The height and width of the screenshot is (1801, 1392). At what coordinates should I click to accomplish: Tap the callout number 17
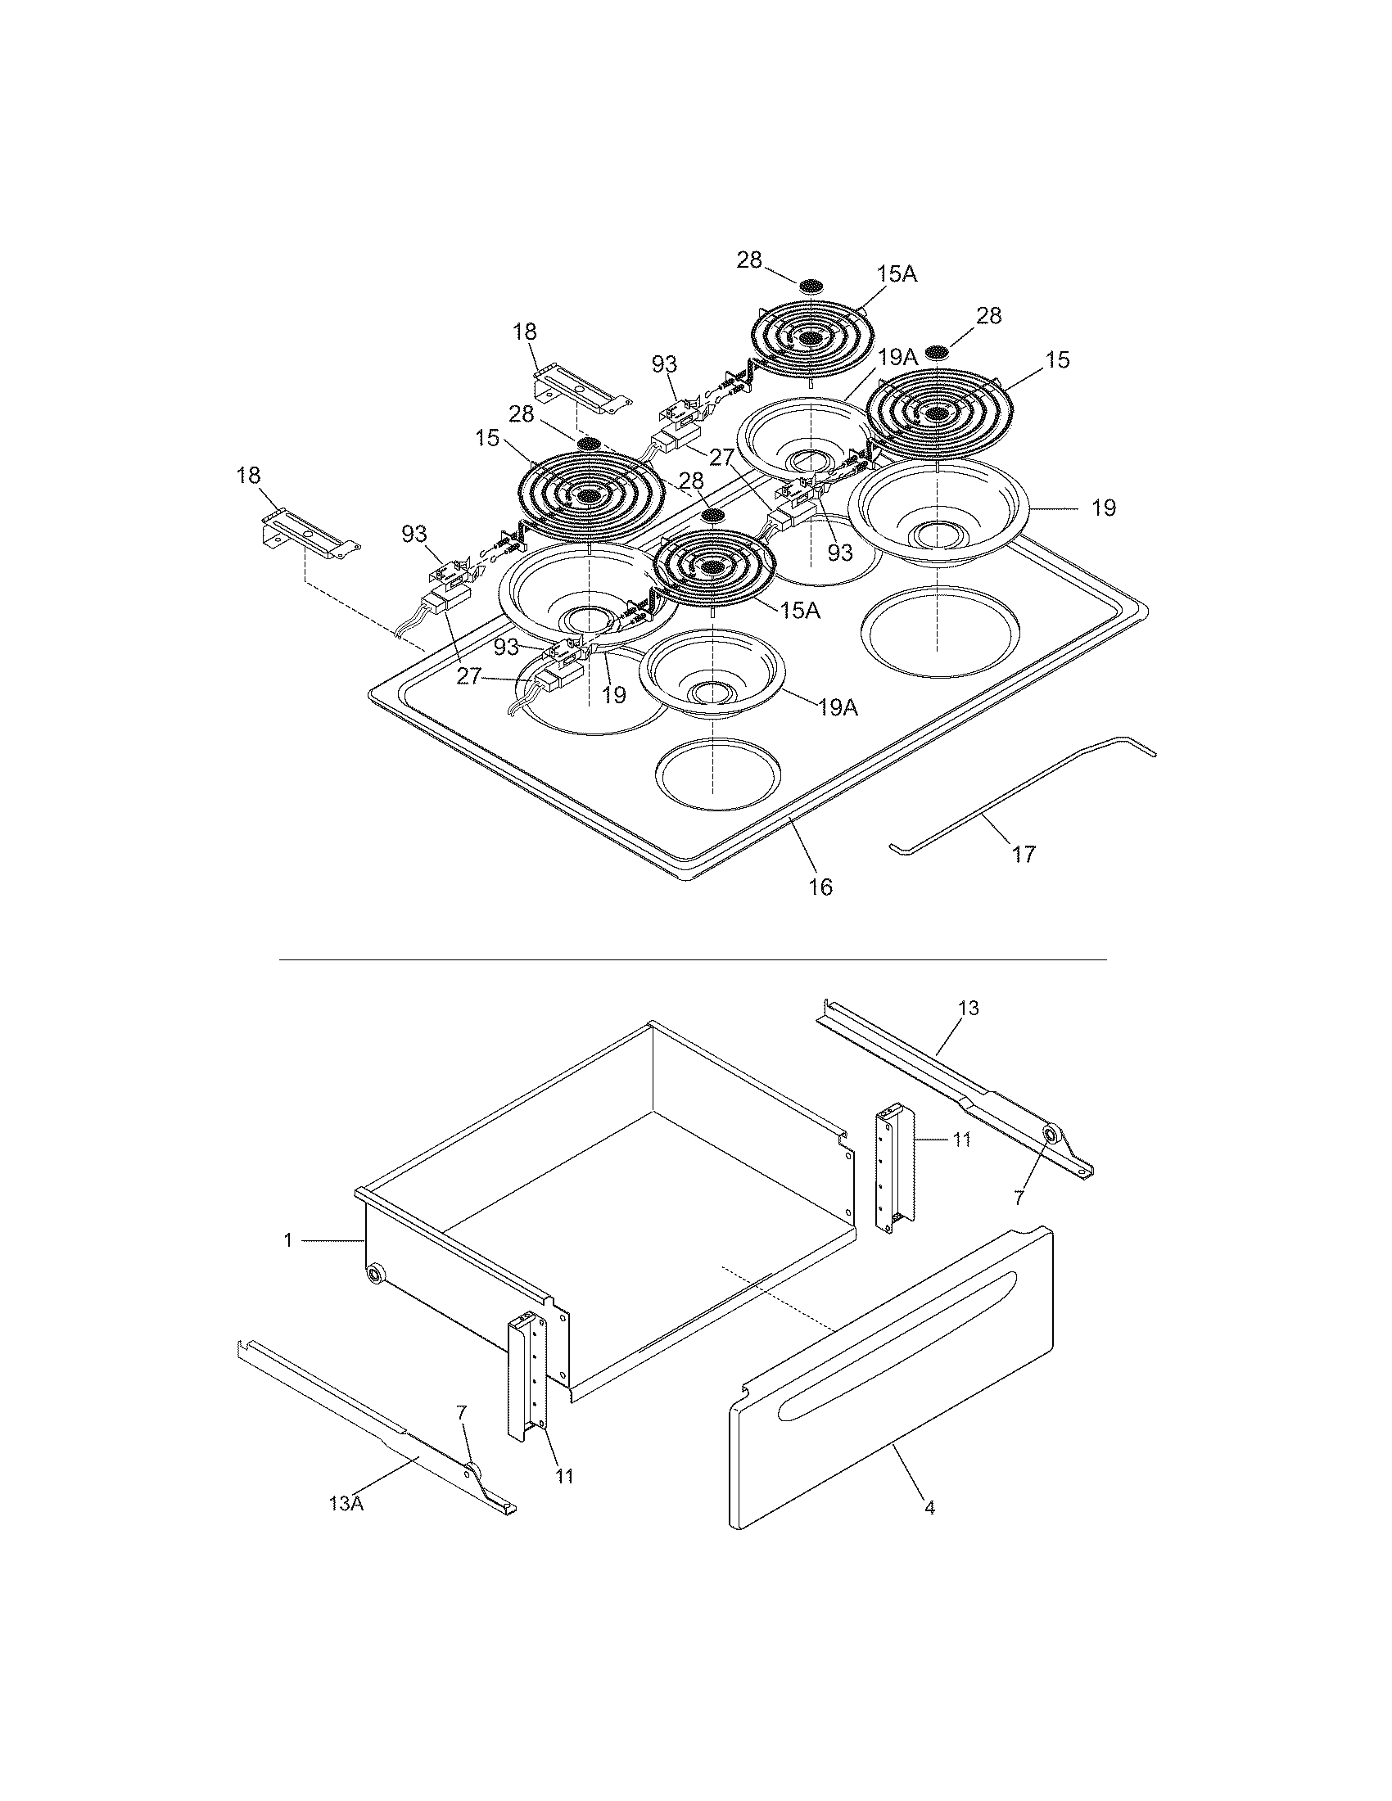point(1023,855)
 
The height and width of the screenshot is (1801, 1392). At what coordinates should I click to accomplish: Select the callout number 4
point(929,1507)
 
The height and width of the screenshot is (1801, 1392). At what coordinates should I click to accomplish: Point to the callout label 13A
point(346,1502)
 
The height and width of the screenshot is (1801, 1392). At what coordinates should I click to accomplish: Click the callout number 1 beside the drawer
point(287,1239)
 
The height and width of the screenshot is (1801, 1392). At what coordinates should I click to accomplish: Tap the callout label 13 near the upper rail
point(968,1008)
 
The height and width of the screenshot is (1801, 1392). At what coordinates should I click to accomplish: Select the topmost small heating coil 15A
point(811,338)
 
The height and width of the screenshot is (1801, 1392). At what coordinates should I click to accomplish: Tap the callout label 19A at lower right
point(838,706)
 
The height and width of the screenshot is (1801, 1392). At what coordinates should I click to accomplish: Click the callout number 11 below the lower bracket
point(563,1475)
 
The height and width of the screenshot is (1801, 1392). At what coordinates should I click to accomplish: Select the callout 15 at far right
point(1057,359)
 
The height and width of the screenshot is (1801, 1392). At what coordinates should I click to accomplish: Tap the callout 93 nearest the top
point(664,363)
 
